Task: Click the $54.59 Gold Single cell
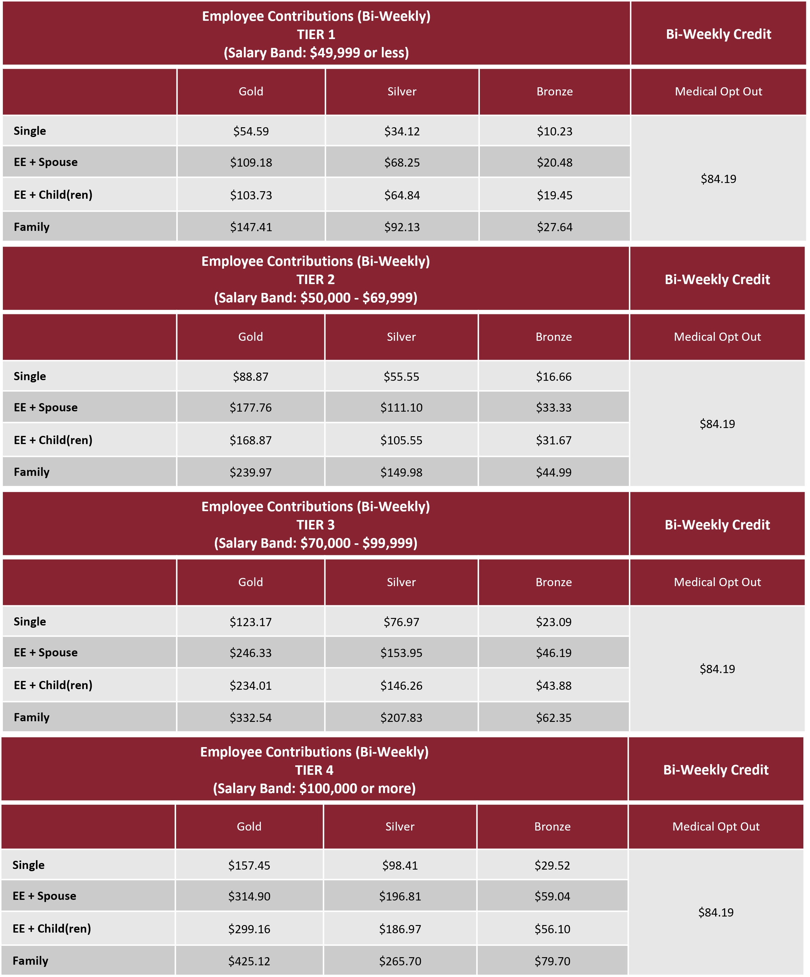coord(251,131)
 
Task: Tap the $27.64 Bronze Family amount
coord(554,227)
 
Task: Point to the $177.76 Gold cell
coord(250,408)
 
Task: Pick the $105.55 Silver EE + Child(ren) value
coord(401,440)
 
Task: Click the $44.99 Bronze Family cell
coord(554,472)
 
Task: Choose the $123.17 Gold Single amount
coord(250,622)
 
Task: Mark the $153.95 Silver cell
coord(401,653)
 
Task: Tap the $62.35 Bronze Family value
coord(554,717)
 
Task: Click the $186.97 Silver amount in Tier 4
coord(400,929)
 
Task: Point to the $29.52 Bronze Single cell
coord(552,865)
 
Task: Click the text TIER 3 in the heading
coord(315,525)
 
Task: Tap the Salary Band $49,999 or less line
coord(316,53)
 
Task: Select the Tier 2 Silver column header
coord(401,337)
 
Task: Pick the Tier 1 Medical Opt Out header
coord(718,92)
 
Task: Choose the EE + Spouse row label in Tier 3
coord(46,652)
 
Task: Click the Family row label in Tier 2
coord(32,472)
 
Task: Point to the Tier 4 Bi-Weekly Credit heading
coord(715,770)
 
